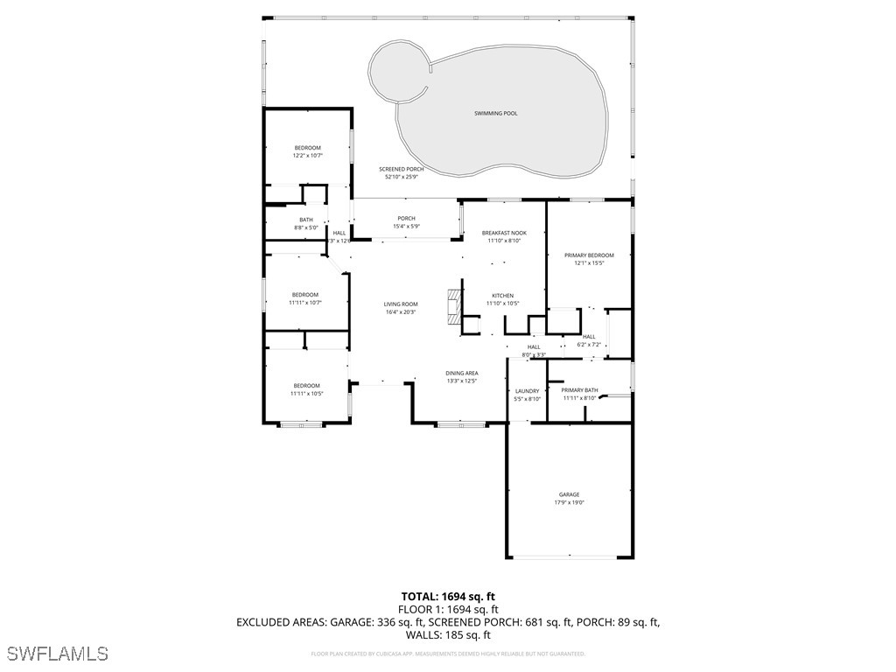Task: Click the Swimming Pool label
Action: pos(495,114)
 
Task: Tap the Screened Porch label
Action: pos(402,169)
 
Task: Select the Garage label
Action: pos(569,494)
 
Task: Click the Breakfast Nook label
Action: pos(504,233)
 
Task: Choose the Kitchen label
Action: pos(502,296)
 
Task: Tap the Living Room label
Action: pos(401,304)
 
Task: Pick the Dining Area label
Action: pos(461,374)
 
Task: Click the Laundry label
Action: pos(527,391)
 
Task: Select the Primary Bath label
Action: pos(579,390)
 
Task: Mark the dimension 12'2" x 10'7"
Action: pos(307,156)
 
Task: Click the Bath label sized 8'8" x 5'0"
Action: pos(306,220)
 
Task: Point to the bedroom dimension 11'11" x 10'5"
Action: pos(306,394)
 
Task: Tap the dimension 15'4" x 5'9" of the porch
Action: pos(406,227)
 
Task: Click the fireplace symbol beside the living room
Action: pos(452,307)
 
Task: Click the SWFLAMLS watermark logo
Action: pos(57,654)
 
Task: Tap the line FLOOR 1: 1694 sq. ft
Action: pos(447,609)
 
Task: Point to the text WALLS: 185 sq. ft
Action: pos(447,635)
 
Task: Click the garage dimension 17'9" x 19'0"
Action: pos(569,503)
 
